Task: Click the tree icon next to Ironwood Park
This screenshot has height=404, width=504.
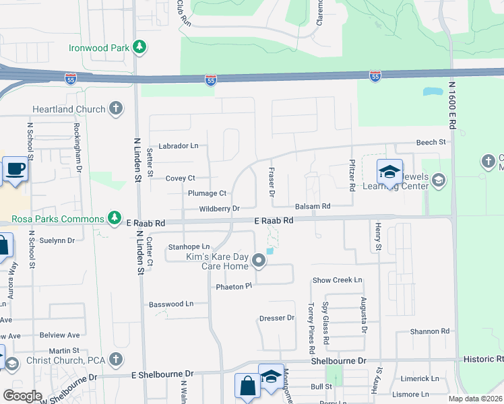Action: [139, 47]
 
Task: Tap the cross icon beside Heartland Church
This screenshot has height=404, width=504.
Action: [116, 108]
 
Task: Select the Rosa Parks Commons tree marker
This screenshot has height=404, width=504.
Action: [116, 218]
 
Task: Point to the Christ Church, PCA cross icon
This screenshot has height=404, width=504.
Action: [116, 358]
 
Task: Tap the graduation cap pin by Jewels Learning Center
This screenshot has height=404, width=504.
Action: [389, 172]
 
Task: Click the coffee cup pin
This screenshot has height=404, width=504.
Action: [15, 170]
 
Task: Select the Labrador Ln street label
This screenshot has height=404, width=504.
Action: [179, 145]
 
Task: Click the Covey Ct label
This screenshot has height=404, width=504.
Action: [180, 178]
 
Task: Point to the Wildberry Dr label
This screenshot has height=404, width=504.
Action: [219, 209]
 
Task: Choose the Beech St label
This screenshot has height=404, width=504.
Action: [431, 142]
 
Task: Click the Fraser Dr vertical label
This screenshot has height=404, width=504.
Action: [272, 182]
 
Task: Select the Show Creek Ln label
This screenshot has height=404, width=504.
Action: [337, 279]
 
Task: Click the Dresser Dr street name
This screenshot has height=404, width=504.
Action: [277, 317]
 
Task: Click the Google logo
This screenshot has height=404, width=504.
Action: [22, 395]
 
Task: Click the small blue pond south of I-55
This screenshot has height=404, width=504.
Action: [429, 91]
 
